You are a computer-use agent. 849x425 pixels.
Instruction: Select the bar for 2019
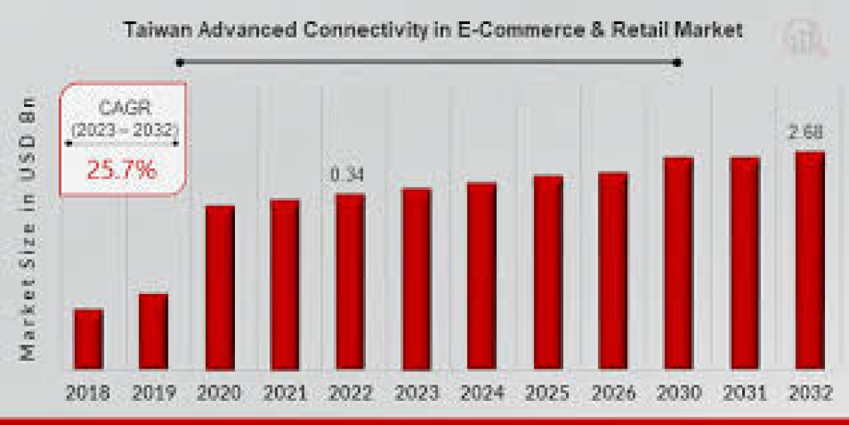pos(153,331)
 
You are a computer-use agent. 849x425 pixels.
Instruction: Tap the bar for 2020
pos(219,287)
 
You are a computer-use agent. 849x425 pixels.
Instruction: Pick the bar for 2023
pos(416,278)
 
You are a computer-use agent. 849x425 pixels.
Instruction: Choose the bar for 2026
pos(613,270)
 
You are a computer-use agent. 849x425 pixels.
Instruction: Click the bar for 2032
pos(809,260)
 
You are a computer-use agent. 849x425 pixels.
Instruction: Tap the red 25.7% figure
pos(122,169)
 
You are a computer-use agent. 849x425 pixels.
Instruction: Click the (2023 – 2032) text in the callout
pos(123,130)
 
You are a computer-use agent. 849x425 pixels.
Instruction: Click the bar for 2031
pos(744,263)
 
